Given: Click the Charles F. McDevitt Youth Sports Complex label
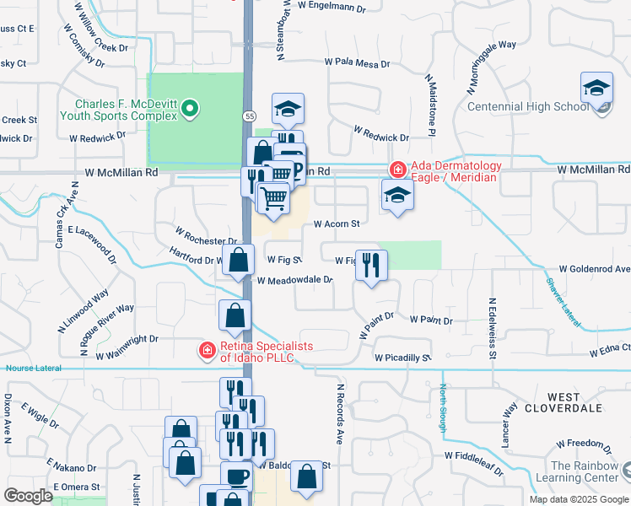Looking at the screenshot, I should [x=118, y=110].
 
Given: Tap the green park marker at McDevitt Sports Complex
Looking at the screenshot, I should [x=190, y=107].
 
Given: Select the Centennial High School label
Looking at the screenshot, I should [x=527, y=106].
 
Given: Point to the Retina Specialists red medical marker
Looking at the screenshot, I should [x=206, y=350].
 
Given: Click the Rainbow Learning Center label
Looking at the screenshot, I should [x=585, y=471].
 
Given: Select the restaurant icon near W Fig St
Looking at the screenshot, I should [x=371, y=265].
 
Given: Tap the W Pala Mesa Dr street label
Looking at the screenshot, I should [x=358, y=63].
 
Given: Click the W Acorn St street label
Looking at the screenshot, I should [x=337, y=224].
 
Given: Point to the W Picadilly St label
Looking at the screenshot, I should [x=403, y=358].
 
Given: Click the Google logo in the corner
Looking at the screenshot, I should [x=29, y=496].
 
